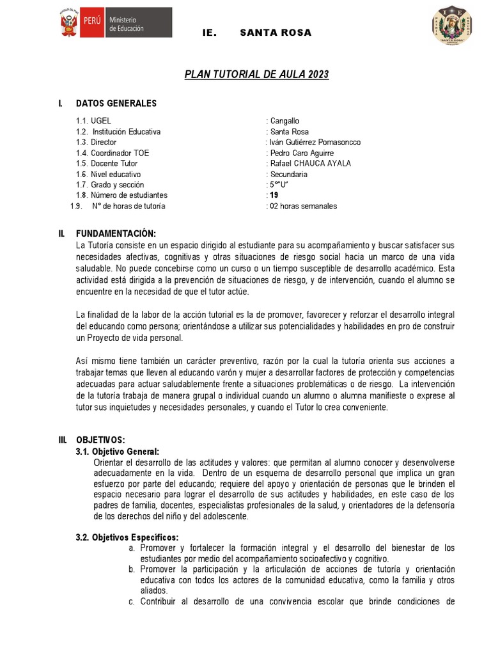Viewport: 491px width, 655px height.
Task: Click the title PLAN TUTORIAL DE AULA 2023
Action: pos(256,75)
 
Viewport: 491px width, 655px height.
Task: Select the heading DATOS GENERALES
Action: pos(116,103)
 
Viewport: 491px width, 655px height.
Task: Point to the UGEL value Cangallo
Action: pos(284,121)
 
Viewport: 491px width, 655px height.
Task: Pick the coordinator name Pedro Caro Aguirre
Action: pos(300,153)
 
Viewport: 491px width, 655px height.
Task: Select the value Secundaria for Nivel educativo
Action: pos(289,174)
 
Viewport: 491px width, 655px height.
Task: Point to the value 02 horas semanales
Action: pos(303,206)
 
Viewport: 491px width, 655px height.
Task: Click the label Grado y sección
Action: pos(110,185)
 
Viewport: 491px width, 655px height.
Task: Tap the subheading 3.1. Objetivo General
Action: pos(118,451)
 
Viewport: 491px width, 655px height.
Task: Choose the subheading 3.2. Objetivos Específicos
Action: pos(127,537)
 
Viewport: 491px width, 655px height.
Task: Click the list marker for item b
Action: pos(131,569)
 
